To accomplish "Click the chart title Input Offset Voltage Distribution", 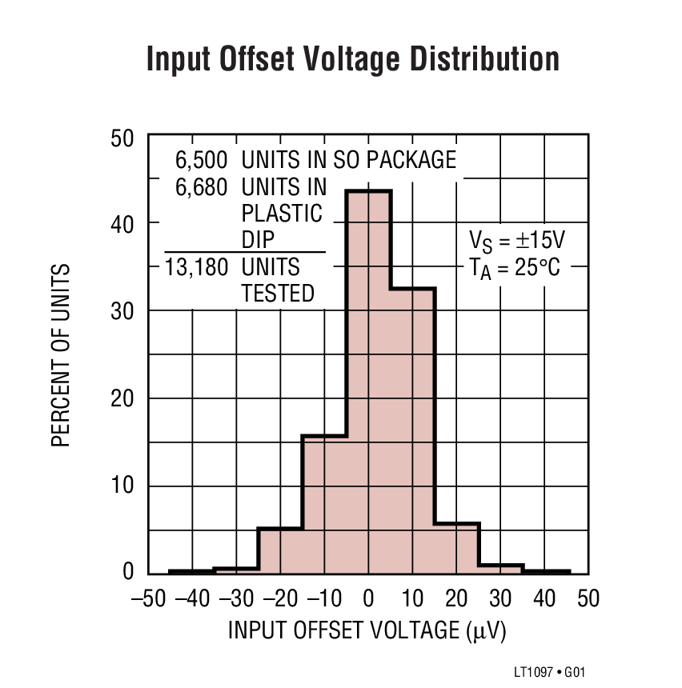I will [x=352, y=61].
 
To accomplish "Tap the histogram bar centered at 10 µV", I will [x=412, y=432].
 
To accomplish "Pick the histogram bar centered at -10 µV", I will [x=324, y=504].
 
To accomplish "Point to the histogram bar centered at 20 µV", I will [x=456, y=549].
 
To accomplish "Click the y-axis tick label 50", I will [x=122, y=138].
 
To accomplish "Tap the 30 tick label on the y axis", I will [x=122, y=311].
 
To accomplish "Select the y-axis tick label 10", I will [x=122, y=486].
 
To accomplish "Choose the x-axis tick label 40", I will [x=544, y=598].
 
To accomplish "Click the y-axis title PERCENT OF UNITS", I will [x=62, y=355].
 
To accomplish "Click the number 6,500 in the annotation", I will [x=201, y=160].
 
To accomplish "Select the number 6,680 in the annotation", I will [x=201, y=187].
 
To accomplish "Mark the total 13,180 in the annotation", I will [x=196, y=266].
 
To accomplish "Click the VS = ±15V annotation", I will [x=517, y=240].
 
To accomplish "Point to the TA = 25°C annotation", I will [x=516, y=266].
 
